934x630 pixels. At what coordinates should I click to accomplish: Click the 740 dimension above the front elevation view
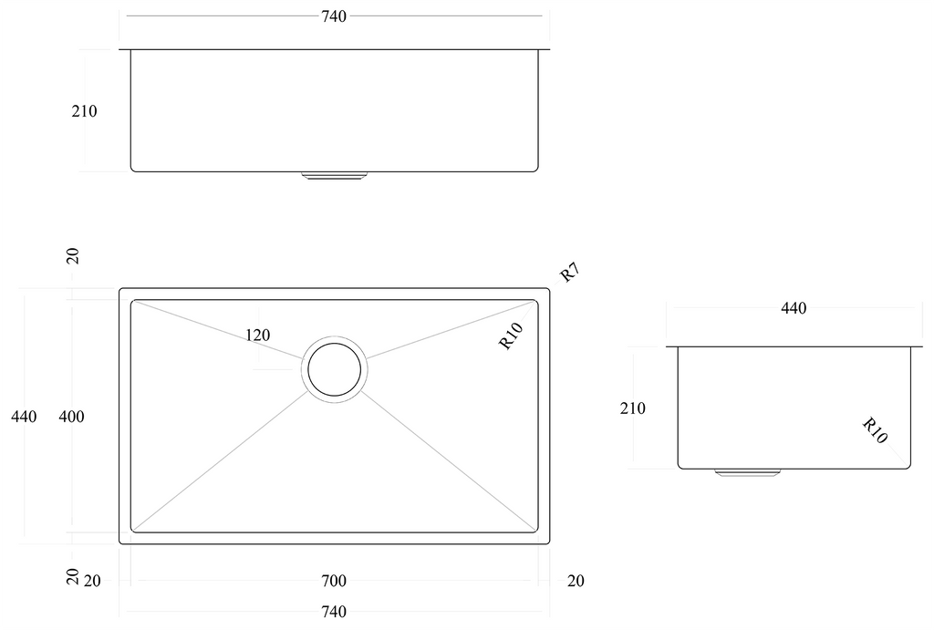[x=334, y=16]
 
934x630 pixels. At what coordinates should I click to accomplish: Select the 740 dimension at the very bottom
[x=334, y=611]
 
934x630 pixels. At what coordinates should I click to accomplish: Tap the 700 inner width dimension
[x=334, y=581]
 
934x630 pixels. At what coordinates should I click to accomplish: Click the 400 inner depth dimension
[x=71, y=417]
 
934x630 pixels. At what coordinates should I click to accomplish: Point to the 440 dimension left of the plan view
[x=24, y=417]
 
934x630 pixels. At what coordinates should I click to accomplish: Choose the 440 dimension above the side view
[x=794, y=308]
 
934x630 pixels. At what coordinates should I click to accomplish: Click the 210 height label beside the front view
[x=84, y=111]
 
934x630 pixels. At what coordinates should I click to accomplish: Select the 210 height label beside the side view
[x=632, y=408]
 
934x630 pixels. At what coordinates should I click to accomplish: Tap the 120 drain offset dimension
[x=257, y=336]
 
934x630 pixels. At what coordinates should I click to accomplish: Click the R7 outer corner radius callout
[x=570, y=272]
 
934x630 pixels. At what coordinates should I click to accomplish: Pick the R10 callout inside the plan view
[x=511, y=336]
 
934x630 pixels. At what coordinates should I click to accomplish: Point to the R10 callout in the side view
[x=875, y=429]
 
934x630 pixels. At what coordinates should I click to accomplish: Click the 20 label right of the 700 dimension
[x=576, y=581]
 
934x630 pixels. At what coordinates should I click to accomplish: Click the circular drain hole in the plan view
[x=334, y=369]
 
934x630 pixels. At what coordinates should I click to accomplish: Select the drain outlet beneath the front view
[x=334, y=174]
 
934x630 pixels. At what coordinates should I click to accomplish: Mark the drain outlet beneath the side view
[x=747, y=472]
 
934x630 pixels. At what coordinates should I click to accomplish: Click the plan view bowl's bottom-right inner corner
[x=536, y=531]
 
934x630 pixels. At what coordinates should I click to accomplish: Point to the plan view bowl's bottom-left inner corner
[x=132, y=531]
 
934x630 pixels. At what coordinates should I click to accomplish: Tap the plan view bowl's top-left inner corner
[x=132, y=302]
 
